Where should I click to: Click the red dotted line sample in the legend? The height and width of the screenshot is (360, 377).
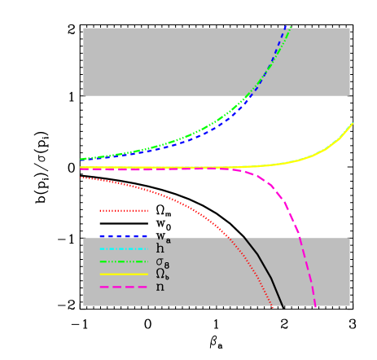(x=123, y=210)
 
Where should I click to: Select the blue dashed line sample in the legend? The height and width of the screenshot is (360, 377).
(x=123, y=237)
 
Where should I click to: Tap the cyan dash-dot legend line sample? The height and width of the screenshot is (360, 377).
(x=123, y=249)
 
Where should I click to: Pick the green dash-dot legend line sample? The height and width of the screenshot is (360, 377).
(x=123, y=261)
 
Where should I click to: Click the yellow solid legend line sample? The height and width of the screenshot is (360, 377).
(x=123, y=274)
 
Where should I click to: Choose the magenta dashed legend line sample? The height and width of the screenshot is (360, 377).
(x=123, y=287)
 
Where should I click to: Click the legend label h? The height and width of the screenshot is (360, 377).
(x=160, y=248)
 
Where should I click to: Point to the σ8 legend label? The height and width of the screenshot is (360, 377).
(x=162, y=262)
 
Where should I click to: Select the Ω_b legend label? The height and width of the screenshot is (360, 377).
(x=161, y=274)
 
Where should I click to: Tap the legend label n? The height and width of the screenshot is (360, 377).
(x=160, y=288)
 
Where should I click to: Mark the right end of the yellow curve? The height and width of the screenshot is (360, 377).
(x=353, y=123)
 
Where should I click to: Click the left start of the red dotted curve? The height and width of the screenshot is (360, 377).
(x=81, y=178)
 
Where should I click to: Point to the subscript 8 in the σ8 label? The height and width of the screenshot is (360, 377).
(x=166, y=266)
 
